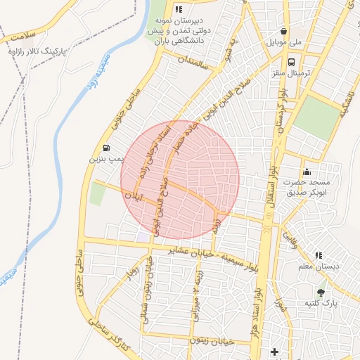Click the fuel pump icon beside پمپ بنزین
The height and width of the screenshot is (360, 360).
tap(106, 148)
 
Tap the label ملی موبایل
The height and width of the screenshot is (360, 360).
tap(284, 43)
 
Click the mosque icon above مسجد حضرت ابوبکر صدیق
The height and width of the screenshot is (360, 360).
tap(307, 172)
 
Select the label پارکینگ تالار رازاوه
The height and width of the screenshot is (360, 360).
tap(34, 52)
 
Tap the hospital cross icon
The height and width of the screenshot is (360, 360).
tap(274, 351)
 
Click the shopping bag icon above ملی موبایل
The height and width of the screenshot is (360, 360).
tap(283, 32)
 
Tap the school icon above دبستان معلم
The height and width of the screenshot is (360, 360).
tap(319, 255)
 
